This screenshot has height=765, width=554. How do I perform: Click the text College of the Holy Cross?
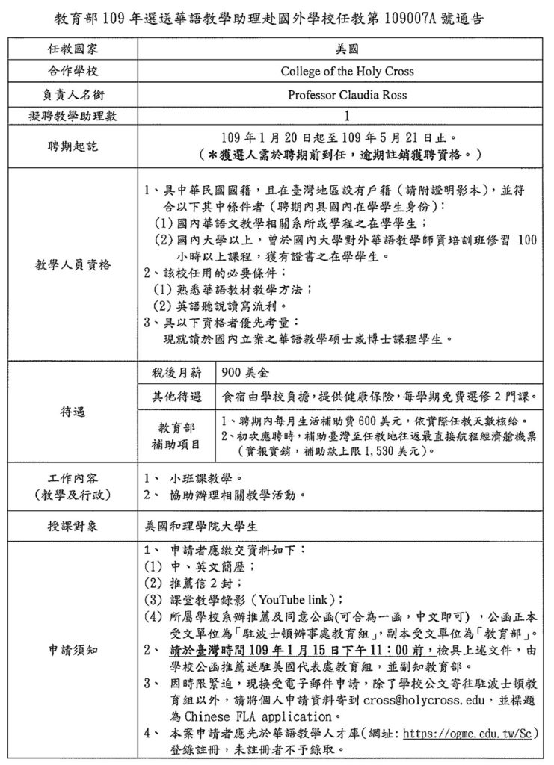tap(346, 72)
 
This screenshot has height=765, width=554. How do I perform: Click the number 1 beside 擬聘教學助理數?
tap(346, 116)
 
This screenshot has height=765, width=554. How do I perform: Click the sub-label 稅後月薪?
tap(175, 371)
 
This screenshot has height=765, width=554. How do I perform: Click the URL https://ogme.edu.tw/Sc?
tap(470, 732)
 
